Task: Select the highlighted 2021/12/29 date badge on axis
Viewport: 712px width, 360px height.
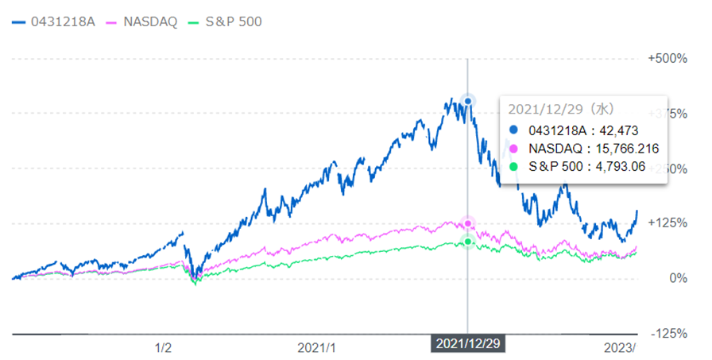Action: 467,343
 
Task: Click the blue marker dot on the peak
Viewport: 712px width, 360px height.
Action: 468,101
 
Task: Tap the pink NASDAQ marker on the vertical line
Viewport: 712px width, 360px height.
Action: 468,223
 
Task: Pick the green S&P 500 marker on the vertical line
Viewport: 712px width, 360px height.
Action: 468,241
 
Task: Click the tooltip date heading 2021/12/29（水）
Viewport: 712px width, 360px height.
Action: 560,110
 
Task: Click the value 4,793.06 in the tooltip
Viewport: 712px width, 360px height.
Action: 618,167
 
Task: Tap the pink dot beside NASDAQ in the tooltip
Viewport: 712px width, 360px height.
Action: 513,149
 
